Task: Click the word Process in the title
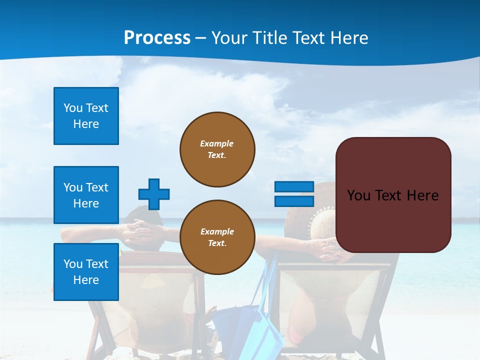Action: click(157, 38)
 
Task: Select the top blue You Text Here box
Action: click(86, 116)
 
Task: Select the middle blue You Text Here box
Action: click(86, 195)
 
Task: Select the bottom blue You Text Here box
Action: click(86, 271)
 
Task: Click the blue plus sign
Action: click(154, 194)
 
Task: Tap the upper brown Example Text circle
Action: click(217, 149)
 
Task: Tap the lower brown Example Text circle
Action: click(217, 237)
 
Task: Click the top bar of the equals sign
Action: click(294, 187)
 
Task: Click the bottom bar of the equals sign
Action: click(294, 201)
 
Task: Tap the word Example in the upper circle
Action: click(217, 143)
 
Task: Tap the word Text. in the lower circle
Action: click(217, 243)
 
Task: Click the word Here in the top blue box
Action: click(86, 124)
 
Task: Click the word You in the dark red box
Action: click(358, 195)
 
